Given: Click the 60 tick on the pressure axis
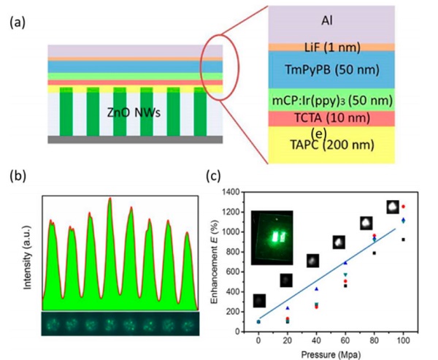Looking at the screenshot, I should coord(345,340).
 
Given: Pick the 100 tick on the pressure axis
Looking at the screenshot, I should coord(403,340).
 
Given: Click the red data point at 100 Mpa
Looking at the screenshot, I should coord(403,207).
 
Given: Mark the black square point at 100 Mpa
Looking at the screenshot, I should coord(403,239).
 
